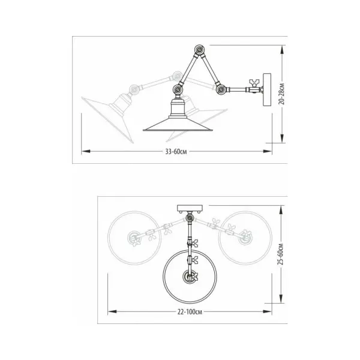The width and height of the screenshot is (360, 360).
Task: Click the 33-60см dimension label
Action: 176,152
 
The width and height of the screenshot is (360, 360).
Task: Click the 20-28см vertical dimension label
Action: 282,94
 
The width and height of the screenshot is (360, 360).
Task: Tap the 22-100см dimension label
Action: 190,312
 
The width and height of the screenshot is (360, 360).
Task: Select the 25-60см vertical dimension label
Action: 281,254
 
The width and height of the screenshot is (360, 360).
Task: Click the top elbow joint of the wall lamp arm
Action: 199,50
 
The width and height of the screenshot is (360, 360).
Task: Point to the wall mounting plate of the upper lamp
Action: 267,89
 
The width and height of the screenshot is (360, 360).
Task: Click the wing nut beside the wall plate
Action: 254,82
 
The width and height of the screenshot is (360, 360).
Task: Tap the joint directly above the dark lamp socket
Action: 178,89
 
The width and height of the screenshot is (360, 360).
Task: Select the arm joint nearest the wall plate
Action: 221,89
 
